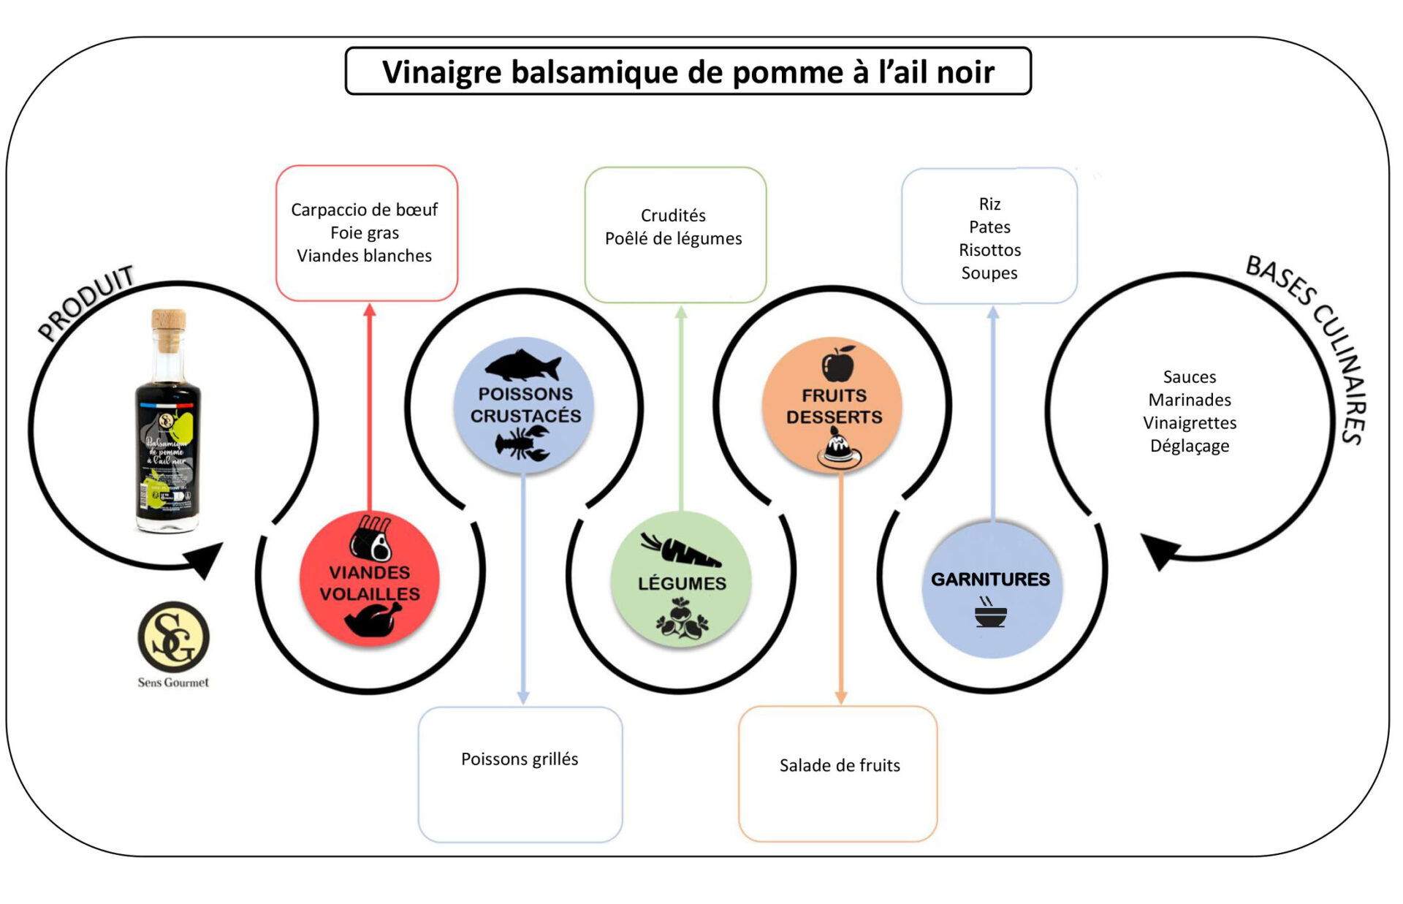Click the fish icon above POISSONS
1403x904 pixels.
pyautogui.click(x=523, y=365)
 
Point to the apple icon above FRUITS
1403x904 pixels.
pyautogui.click(x=838, y=364)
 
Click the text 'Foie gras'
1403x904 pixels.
pyautogui.click(x=365, y=233)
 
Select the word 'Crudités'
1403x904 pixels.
pyautogui.click(x=673, y=216)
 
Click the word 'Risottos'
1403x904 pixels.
pyautogui.click(x=989, y=250)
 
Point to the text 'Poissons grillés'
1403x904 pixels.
pyautogui.click(x=520, y=759)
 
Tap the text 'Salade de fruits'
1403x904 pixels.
pyautogui.click(x=840, y=765)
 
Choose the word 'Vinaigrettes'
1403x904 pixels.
pyautogui.click(x=1190, y=423)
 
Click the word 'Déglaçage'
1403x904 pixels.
pyautogui.click(x=1190, y=446)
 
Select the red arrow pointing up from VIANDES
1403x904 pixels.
pyautogui.click(x=370, y=409)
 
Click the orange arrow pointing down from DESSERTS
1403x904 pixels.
pyautogui.click(x=841, y=585)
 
